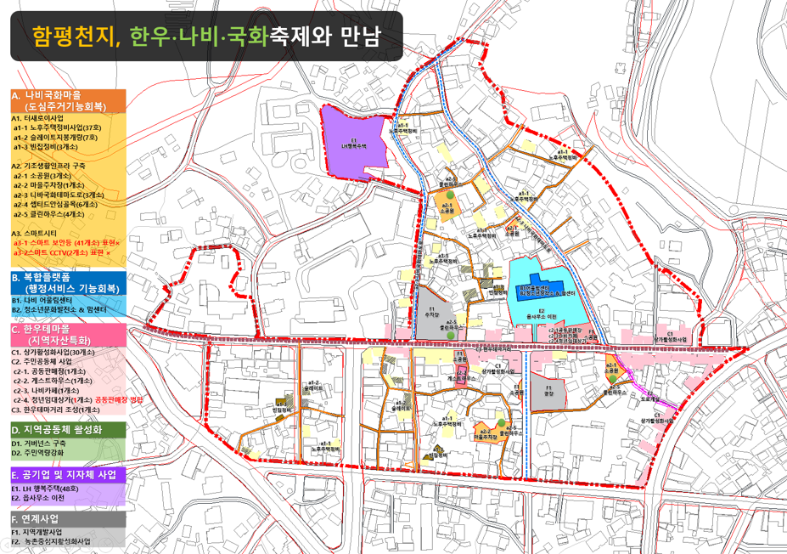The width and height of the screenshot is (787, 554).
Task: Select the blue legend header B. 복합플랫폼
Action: click(68, 283)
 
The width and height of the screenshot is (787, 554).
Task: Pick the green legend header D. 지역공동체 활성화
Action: click(68, 430)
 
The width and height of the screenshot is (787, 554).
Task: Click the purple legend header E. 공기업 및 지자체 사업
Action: click(68, 474)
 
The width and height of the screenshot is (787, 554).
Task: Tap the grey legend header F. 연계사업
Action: click(68, 518)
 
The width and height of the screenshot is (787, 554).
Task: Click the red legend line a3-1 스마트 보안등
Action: click(67, 243)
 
